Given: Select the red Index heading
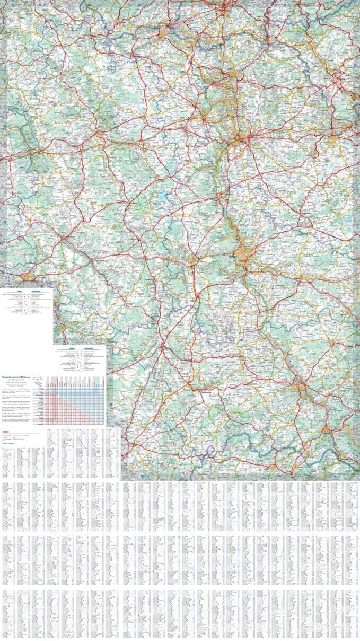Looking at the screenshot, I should (x=6, y=431).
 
